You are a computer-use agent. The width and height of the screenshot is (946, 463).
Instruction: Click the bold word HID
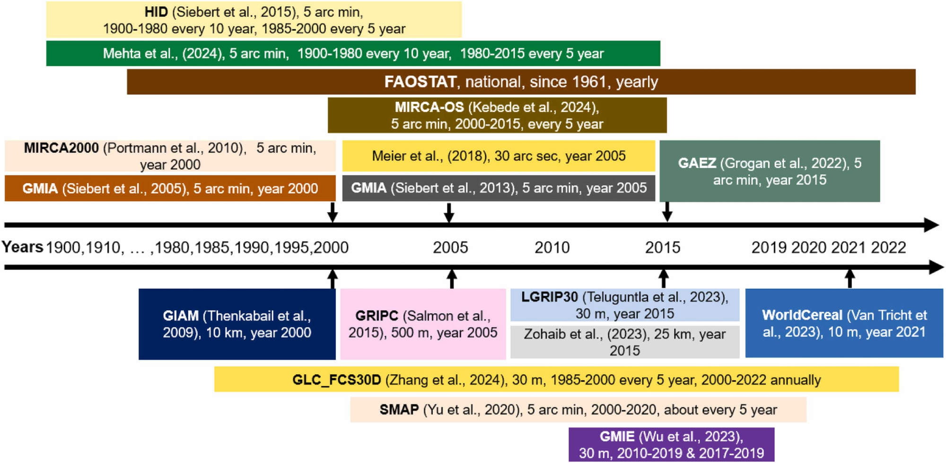[x=156, y=12]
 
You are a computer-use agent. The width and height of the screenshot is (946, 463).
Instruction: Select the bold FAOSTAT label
[x=420, y=82]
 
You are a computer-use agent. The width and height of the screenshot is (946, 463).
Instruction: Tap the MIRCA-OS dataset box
[x=497, y=115]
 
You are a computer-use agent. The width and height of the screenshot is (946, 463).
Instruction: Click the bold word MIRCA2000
[x=61, y=148]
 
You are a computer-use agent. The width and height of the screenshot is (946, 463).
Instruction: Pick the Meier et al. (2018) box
[x=499, y=156]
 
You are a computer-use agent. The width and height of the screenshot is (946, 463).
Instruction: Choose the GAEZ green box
[x=770, y=171]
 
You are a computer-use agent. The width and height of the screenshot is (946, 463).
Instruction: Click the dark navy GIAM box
[x=237, y=324]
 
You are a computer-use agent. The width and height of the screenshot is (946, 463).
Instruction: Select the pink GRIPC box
[x=423, y=324]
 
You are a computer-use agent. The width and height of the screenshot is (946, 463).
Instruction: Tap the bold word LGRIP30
[x=550, y=297]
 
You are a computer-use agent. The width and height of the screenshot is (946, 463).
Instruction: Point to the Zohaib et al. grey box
[x=624, y=342]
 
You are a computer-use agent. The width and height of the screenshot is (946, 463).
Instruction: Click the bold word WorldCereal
[x=802, y=315]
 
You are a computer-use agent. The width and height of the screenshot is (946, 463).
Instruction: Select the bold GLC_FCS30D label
[x=336, y=380]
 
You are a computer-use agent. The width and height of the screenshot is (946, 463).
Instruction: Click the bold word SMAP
[x=399, y=410]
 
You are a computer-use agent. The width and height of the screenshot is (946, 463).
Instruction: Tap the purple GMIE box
[x=671, y=445]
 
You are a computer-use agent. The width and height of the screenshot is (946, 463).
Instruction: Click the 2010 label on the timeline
[x=552, y=247]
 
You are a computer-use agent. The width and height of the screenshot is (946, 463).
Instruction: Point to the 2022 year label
[x=888, y=247]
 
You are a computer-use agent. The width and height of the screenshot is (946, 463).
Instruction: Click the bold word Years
[x=22, y=247]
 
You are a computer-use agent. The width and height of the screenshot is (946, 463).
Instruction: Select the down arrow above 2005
[x=449, y=212]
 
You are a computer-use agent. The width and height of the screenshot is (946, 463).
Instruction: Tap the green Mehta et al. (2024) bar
[x=353, y=53]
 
